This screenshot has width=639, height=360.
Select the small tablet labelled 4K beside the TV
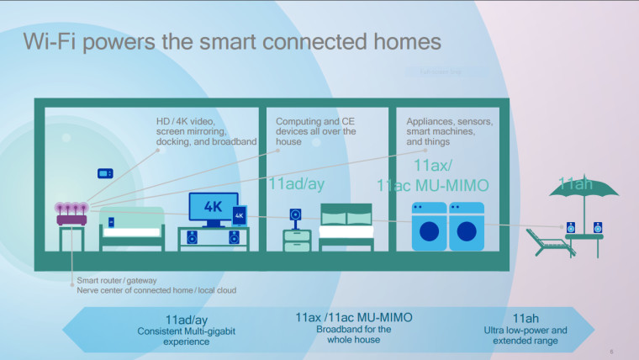239,216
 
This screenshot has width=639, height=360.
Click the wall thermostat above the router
104,173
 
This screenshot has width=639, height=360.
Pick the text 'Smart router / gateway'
117,280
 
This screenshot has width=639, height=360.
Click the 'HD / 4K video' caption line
191,122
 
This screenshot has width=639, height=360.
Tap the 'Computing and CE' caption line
314,122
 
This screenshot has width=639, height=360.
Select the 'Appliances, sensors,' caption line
449,122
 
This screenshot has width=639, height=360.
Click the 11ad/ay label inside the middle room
295,183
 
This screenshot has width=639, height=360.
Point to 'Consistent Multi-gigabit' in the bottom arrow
186,331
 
